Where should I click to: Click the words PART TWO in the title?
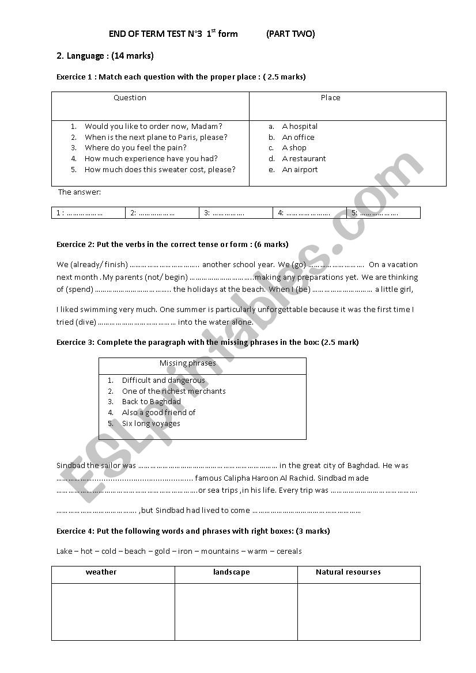[x=290, y=34]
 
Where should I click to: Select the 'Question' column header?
[x=130, y=98]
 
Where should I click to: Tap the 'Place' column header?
[x=330, y=98]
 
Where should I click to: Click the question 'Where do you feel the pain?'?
[x=135, y=148]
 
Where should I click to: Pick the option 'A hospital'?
[x=300, y=127]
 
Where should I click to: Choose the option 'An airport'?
[x=300, y=170]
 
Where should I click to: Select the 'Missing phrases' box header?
[x=187, y=363]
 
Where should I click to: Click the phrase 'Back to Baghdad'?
[x=151, y=402]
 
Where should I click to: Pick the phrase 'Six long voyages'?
[x=151, y=424]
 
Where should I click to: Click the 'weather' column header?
[x=101, y=572]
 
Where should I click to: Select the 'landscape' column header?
[x=231, y=572]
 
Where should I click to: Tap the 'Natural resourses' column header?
[x=348, y=572]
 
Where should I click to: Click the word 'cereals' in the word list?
[x=289, y=552]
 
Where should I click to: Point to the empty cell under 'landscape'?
[x=236, y=611]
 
